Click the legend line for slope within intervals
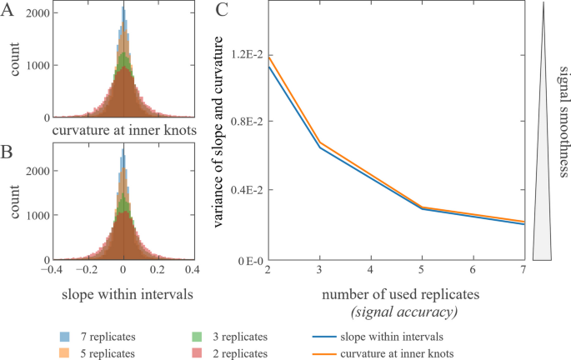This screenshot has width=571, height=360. point(326,337)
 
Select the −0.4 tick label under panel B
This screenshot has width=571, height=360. point(52,272)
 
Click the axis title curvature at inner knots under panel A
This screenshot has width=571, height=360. point(123,131)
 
